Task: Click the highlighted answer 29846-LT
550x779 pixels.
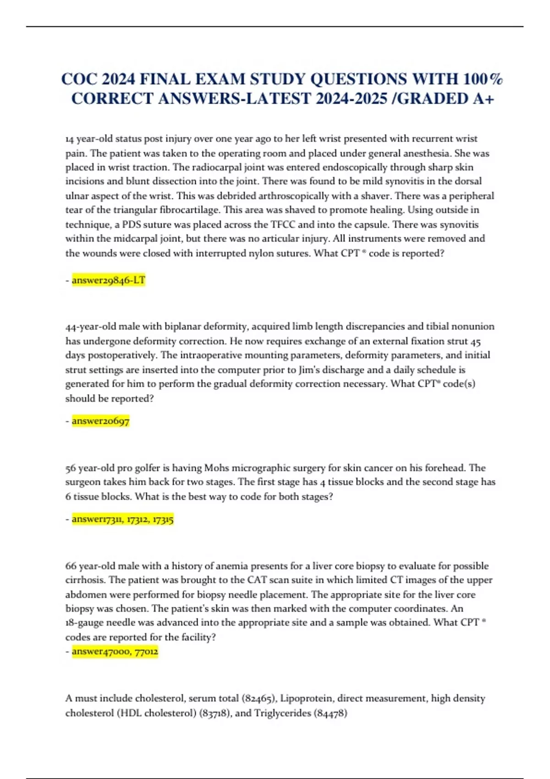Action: pos(109,280)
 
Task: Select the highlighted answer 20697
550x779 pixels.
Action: pos(101,421)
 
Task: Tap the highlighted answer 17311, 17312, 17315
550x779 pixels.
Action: pos(122,519)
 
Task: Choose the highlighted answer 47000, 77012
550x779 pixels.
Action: pos(115,651)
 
